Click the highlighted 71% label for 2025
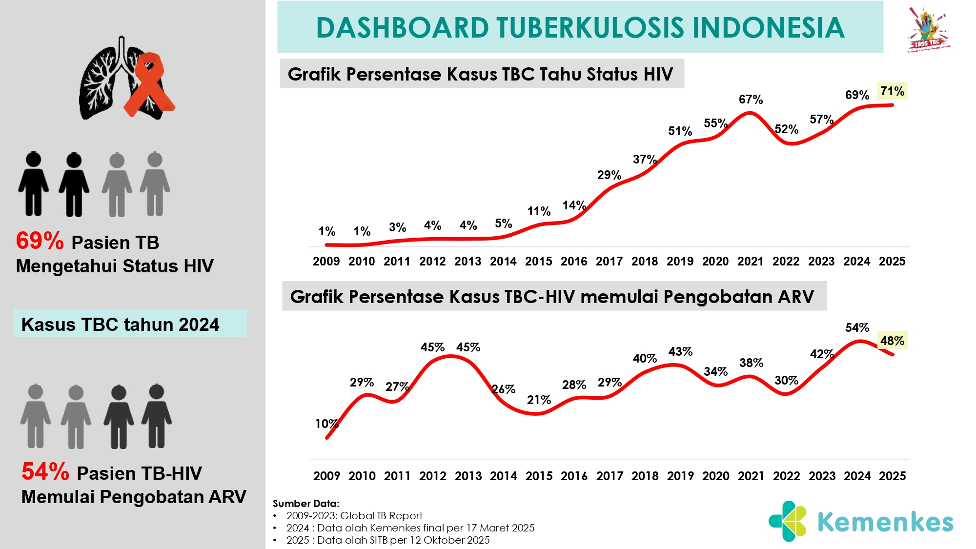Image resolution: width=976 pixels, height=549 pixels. [892, 91]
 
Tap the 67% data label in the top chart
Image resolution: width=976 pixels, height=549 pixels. [751, 100]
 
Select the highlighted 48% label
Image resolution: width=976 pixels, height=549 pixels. [892, 341]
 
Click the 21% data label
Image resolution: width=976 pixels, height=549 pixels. [539, 400]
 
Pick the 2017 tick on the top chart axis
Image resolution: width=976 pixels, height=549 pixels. [609, 262]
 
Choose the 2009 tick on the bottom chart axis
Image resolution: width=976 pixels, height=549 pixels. [326, 476]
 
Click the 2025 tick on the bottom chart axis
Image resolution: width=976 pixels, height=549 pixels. [892, 476]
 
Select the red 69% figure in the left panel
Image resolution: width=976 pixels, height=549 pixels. [40, 241]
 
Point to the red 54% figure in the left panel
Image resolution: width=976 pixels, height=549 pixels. [45, 472]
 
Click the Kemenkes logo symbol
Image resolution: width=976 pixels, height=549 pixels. [788, 521]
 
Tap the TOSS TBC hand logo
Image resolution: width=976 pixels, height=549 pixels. [927, 29]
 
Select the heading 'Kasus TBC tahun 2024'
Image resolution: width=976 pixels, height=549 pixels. [120, 325]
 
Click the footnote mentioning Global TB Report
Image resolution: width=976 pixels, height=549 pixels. [354, 516]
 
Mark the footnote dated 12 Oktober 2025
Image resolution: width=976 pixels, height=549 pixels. [388, 540]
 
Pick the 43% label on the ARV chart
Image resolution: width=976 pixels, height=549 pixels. [680, 351]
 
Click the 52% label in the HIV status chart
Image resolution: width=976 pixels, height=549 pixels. [786, 129]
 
